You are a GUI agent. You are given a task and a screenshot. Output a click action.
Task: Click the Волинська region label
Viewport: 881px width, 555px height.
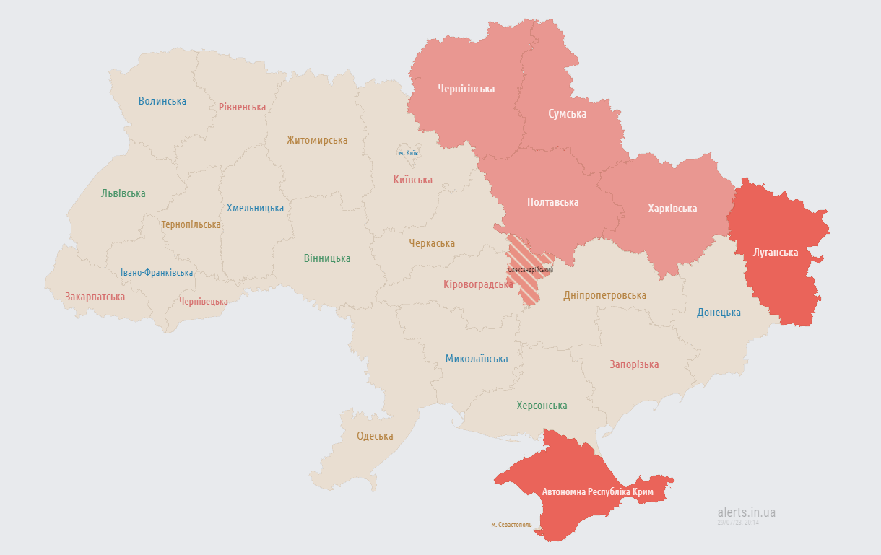pyautogui.click(x=162, y=101)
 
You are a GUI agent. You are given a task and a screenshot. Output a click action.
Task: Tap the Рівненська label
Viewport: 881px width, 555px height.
pyautogui.click(x=242, y=107)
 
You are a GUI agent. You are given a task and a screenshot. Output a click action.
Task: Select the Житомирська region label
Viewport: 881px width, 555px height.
pyautogui.click(x=317, y=140)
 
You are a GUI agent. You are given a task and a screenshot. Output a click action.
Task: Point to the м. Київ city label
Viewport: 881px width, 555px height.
pyautogui.click(x=408, y=153)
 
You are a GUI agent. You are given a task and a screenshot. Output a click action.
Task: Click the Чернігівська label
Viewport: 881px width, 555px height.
pyautogui.click(x=466, y=89)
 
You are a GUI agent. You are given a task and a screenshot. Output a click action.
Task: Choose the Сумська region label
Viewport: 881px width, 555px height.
pyautogui.click(x=567, y=114)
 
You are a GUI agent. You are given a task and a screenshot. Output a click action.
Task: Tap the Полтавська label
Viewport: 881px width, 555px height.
pyautogui.click(x=552, y=202)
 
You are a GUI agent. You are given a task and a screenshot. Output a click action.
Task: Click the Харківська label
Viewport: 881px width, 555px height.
pyautogui.click(x=672, y=209)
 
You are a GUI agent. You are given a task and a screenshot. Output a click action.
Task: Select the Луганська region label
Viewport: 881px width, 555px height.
pyautogui.click(x=775, y=253)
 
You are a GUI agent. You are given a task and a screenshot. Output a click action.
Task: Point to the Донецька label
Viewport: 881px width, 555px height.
pyautogui.click(x=719, y=313)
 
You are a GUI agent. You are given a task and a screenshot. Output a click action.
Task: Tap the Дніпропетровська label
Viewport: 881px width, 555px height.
pyautogui.click(x=604, y=295)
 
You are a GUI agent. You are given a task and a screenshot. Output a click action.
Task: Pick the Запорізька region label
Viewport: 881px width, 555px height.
pyautogui.click(x=634, y=364)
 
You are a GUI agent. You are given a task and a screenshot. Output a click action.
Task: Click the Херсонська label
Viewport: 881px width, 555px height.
pyautogui.click(x=542, y=406)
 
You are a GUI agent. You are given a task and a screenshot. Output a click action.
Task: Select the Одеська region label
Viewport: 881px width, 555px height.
pyautogui.click(x=375, y=436)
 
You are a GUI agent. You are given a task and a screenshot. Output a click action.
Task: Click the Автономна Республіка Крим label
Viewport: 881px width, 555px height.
pyautogui.click(x=597, y=491)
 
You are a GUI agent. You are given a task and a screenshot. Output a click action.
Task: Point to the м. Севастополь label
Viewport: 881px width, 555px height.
pyautogui.click(x=511, y=525)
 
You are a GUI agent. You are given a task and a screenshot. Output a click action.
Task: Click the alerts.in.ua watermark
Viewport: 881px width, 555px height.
pyautogui.click(x=746, y=512)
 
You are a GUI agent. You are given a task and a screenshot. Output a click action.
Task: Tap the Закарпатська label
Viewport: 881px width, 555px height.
pyautogui.click(x=95, y=297)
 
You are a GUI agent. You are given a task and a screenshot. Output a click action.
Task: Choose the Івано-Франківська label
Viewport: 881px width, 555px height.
pyautogui.click(x=157, y=273)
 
